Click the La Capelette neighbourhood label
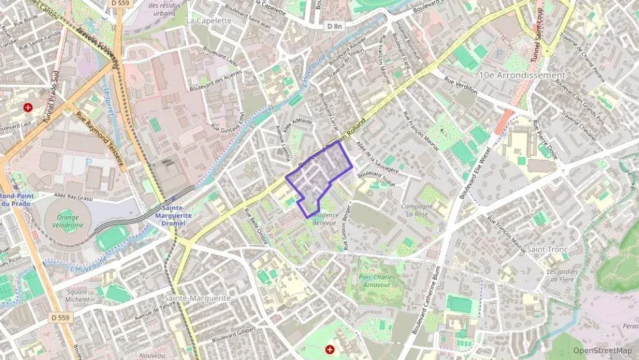[209, 20]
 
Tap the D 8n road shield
[335, 26]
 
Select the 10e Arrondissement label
[523, 74]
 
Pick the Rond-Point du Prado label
[14, 199]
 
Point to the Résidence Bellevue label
[324, 219]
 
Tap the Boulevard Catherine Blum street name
[425, 301]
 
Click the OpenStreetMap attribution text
[602, 350]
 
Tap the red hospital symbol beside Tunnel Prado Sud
[28, 107]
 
